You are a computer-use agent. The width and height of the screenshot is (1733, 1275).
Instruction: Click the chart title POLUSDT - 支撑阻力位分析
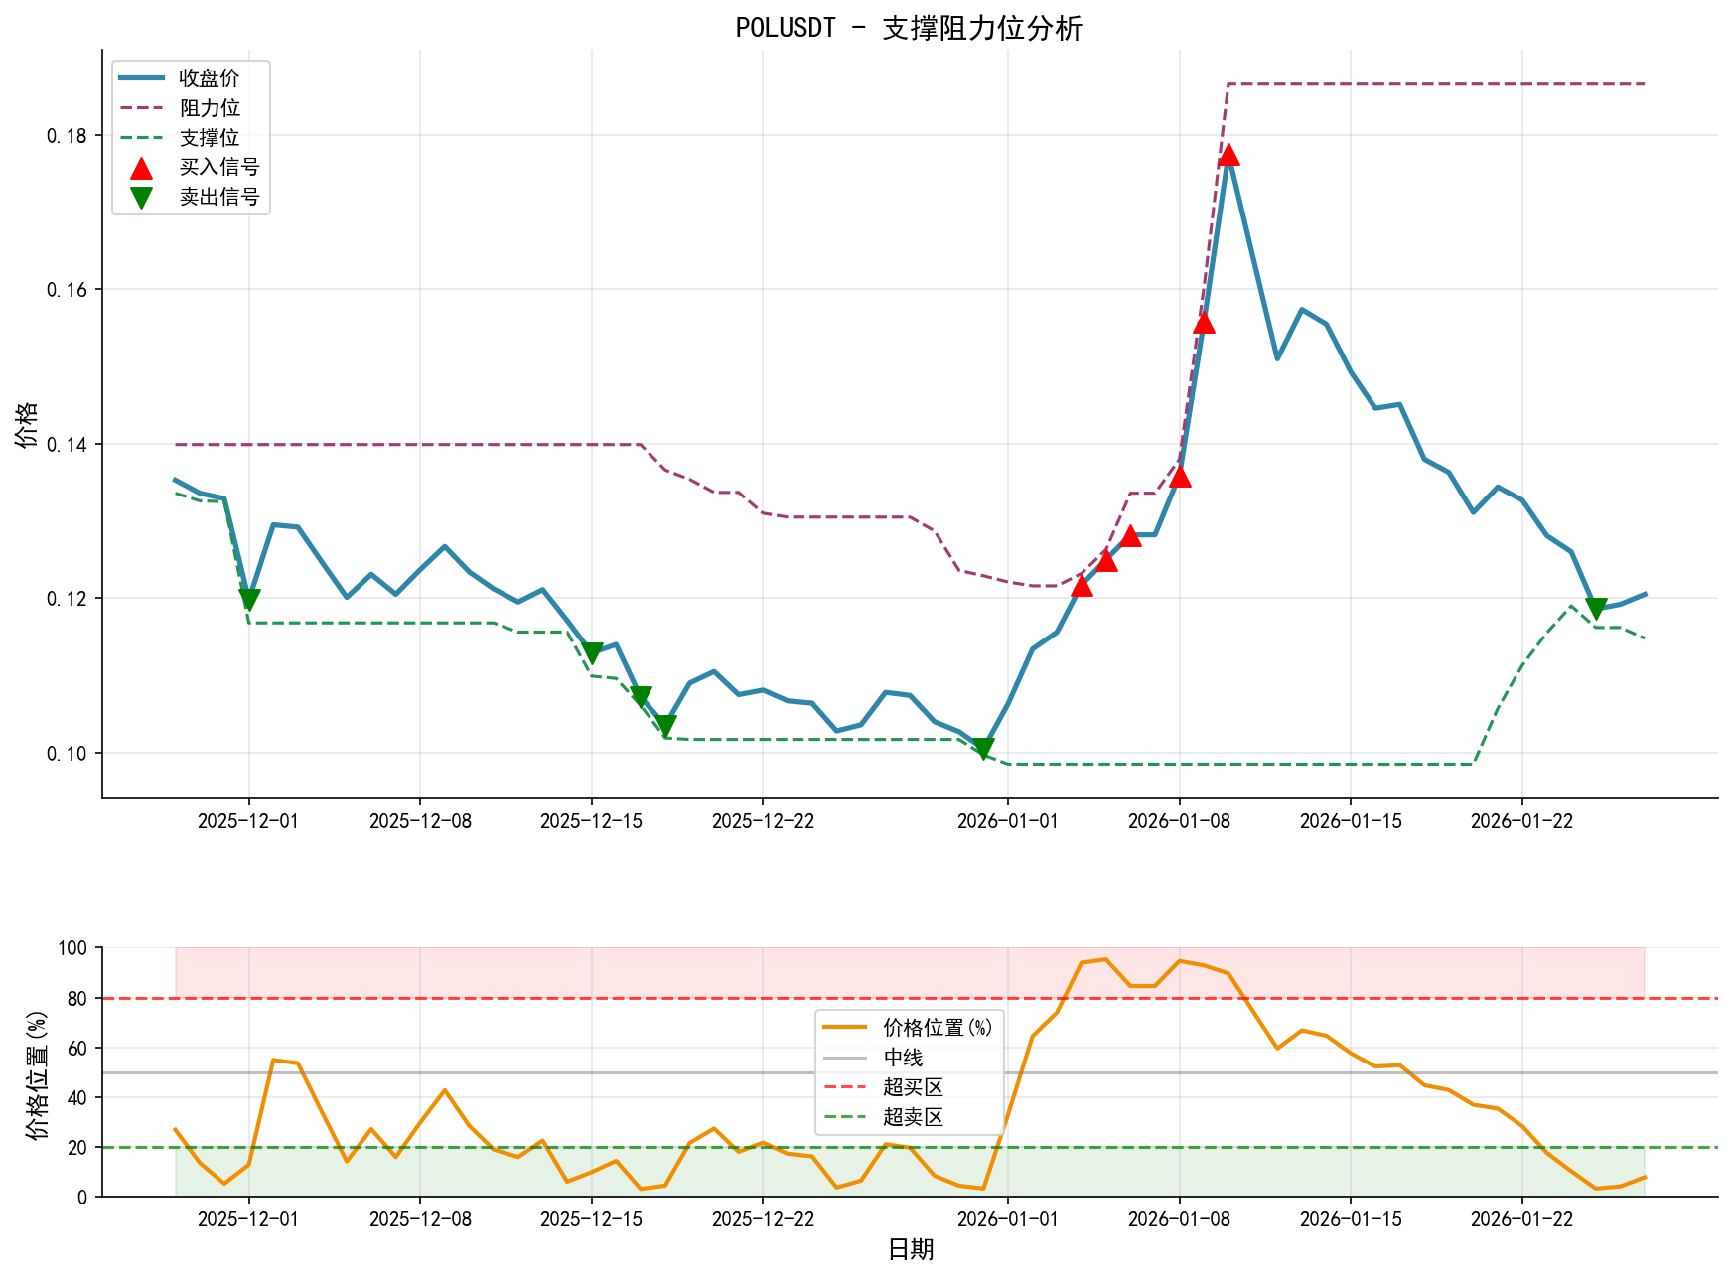pos(908,28)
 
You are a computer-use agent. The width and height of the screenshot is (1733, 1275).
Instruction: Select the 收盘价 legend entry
pos(209,78)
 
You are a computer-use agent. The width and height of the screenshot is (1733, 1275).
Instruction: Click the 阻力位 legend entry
pos(209,108)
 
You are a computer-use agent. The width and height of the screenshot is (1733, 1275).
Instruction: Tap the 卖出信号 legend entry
pos(218,197)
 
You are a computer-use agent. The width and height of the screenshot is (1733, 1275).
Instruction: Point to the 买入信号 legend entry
pos(218,167)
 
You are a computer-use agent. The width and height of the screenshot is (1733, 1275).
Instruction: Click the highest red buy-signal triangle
pos(1228,155)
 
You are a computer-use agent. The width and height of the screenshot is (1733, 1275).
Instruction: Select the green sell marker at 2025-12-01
pos(249,599)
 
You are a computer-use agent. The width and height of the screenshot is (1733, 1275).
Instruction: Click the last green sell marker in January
pos(1596,609)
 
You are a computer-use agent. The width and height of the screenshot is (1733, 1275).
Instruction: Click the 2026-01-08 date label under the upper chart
pos(1179,821)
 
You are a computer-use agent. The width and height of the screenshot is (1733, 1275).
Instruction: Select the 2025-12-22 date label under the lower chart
pos(762,1219)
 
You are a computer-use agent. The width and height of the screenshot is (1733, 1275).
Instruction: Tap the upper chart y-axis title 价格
pos(27,424)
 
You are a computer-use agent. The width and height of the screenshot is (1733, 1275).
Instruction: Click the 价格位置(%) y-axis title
pos(37,1073)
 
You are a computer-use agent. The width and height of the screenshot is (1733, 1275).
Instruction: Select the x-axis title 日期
pos(910,1249)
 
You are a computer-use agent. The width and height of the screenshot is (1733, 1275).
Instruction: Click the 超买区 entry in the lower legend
pos(912,1087)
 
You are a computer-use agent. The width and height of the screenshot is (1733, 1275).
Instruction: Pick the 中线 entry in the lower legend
pos(903,1058)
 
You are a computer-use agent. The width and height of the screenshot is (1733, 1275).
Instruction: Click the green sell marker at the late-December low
pos(983,749)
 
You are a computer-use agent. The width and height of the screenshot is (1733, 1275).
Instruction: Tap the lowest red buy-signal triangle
pos(1082,586)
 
